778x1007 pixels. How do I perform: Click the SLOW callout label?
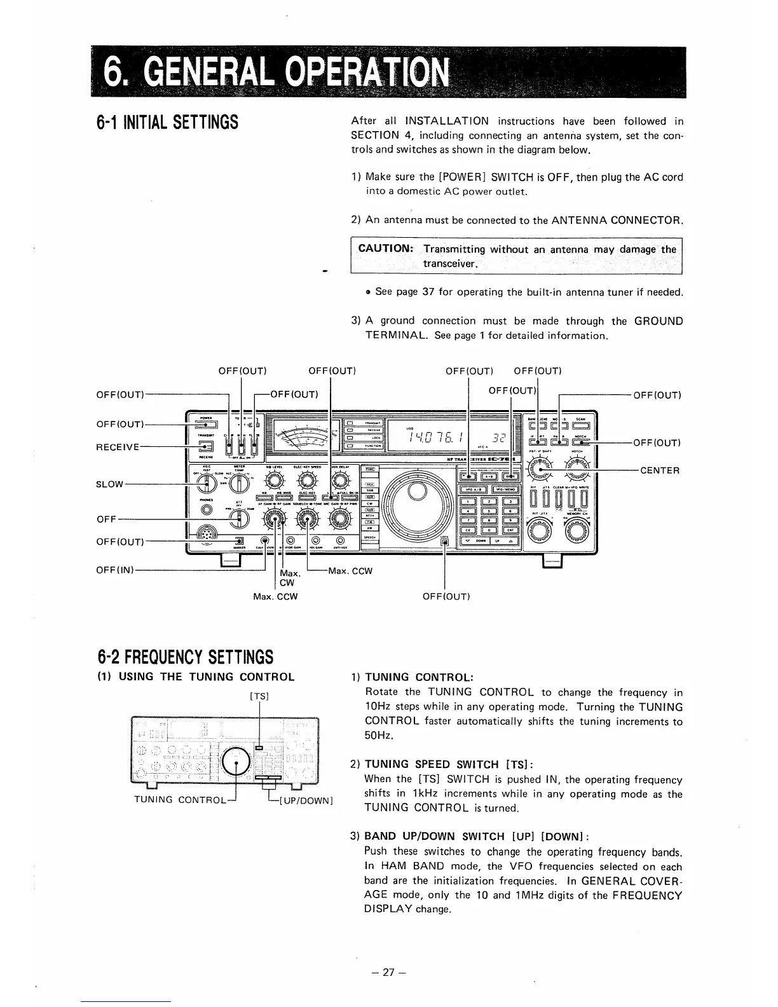point(109,484)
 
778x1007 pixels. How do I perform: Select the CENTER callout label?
point(660,471)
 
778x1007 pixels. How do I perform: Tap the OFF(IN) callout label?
point(114,570)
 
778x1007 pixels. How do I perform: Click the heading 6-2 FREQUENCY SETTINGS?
point(185,656)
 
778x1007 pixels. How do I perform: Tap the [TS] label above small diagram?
point(261,696)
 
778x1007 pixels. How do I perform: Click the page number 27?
point(388,972)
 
